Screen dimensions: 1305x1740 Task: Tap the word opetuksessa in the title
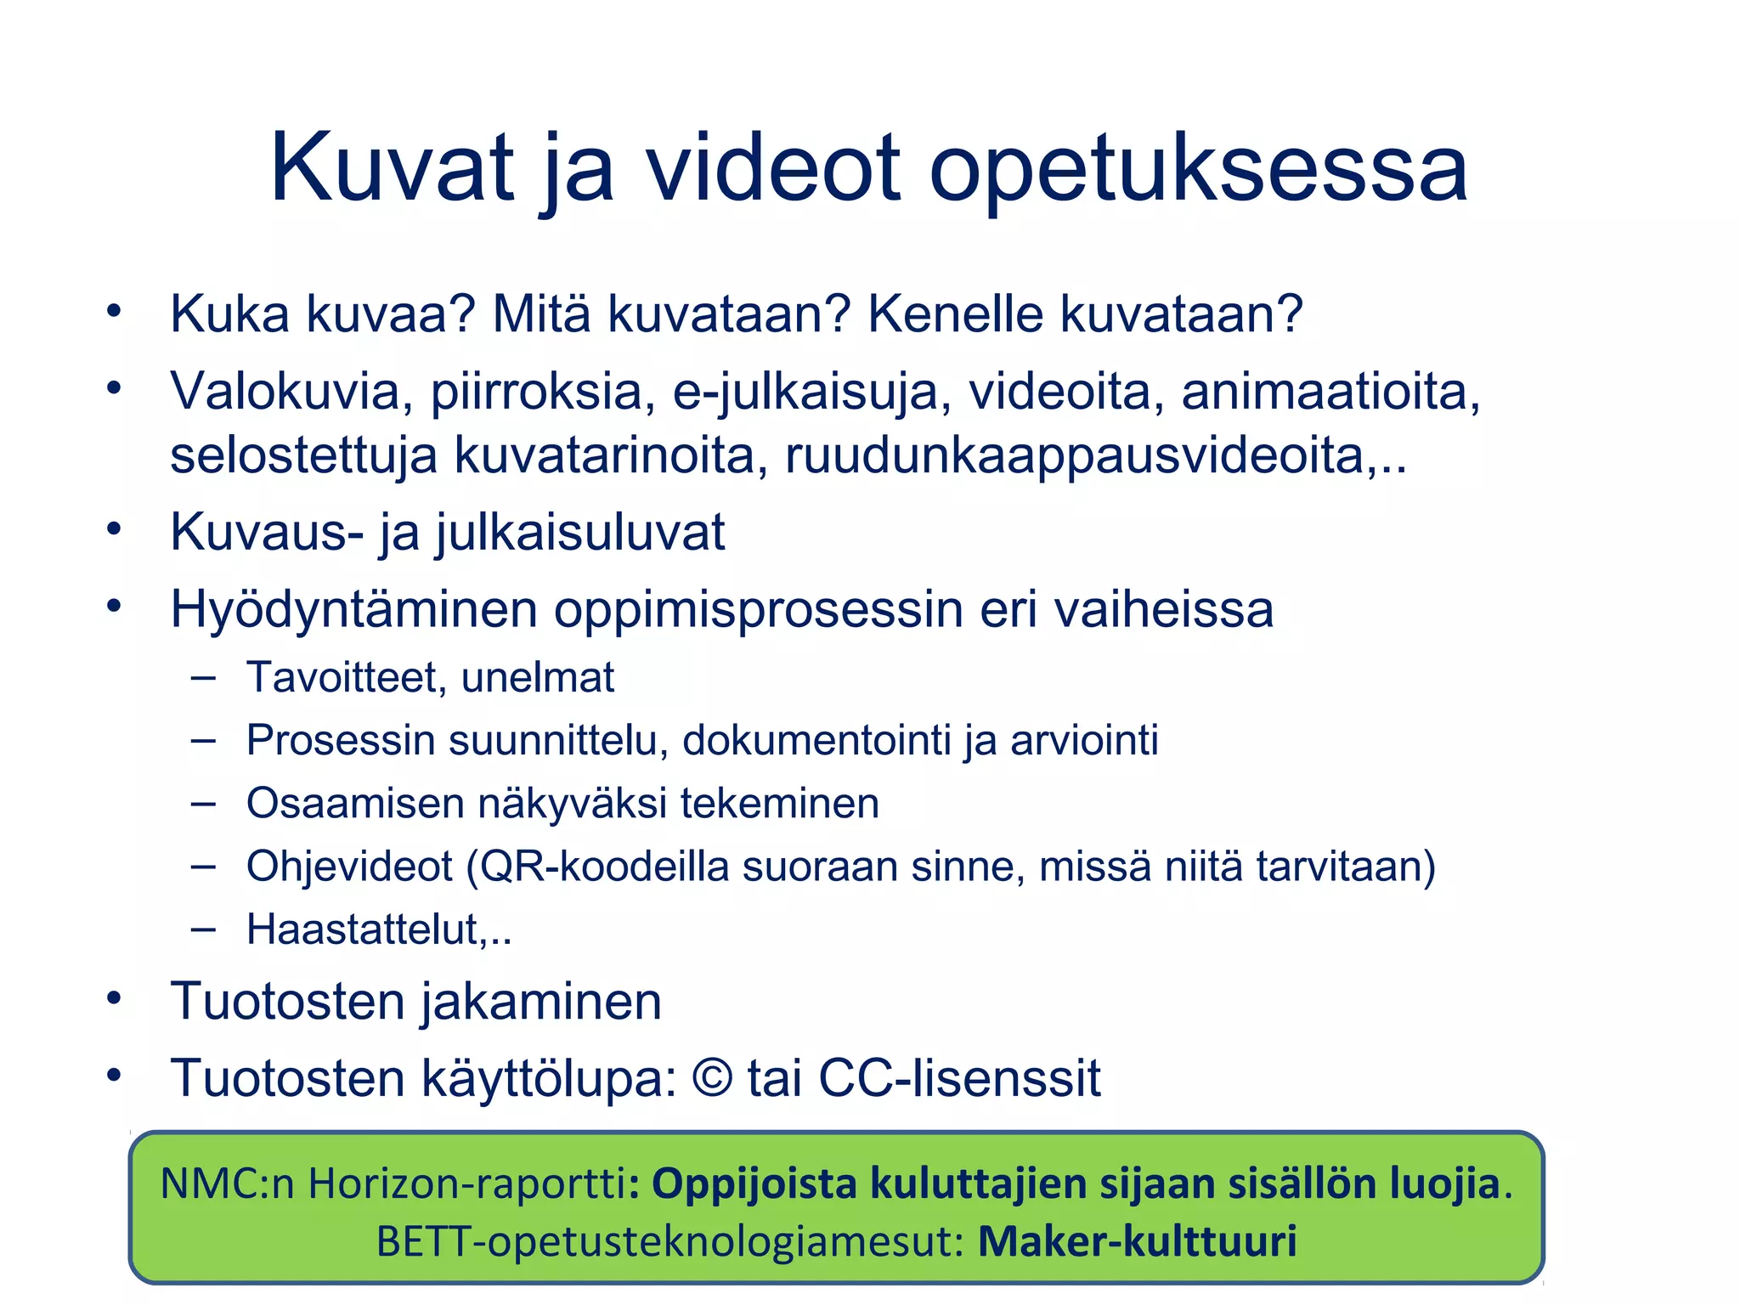[1198, 170]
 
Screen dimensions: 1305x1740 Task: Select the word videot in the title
[772, 167]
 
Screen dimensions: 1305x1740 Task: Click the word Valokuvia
[285, 392]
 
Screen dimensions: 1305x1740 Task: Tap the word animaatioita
[1330, 392]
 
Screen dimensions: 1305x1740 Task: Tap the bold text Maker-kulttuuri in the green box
[1137, 1241]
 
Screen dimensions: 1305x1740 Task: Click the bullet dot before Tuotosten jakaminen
[115, 997]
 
